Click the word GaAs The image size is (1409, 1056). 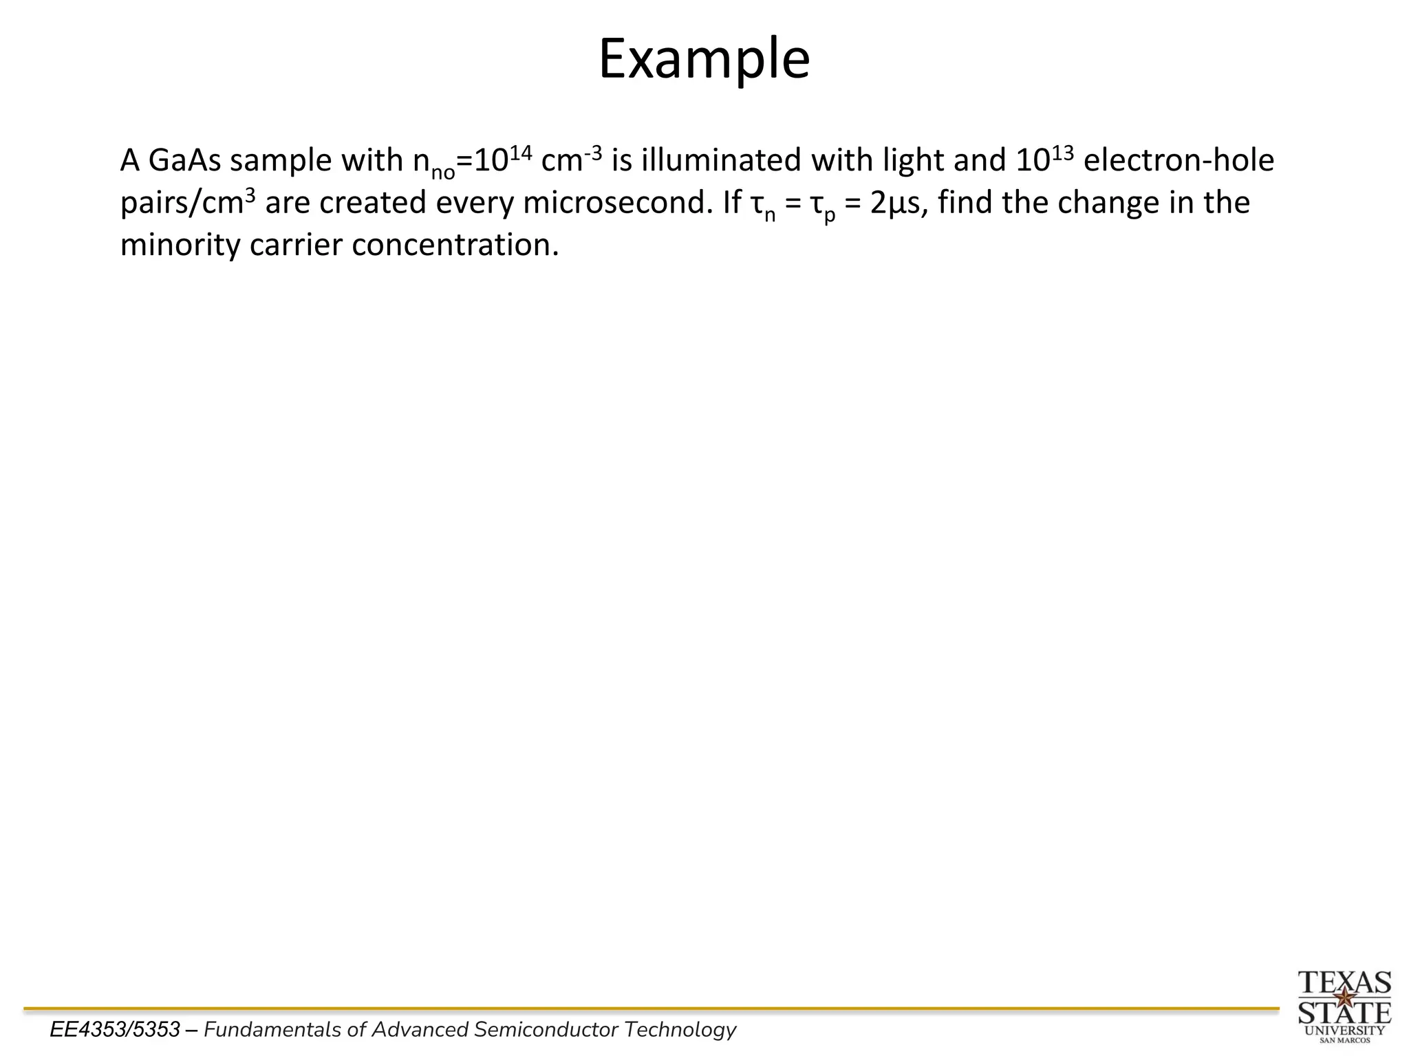point(184,161)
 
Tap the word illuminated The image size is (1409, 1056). point(721,161)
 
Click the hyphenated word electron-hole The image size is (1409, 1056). point(1179,161)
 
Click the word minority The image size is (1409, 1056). point(180,246)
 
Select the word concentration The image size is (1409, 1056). point(455,246)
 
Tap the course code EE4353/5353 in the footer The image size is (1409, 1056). point(115,1030)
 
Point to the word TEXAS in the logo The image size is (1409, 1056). point(1344,982)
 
